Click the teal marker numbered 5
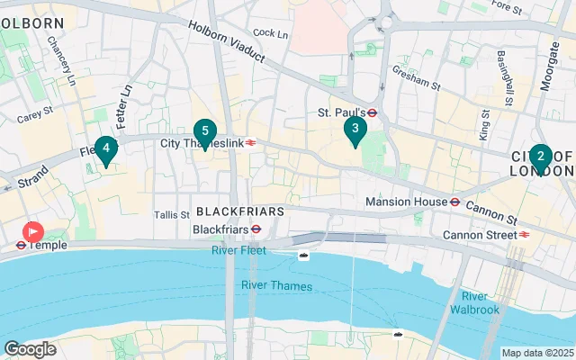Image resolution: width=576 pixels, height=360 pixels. (x=204, y=132)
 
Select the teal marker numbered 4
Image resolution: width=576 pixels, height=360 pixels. (x=106, y=148)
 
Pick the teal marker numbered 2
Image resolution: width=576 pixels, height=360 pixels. (x=540, y=157)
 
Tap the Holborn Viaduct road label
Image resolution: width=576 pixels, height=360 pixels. (x=227, y=40)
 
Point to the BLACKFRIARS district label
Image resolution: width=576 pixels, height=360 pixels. (x=239, y=211)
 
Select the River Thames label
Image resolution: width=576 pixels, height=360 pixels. (x=276, y=286)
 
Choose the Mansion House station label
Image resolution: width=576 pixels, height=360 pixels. (x=406, y=202)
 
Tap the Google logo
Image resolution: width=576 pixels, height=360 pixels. (x=30, y=348)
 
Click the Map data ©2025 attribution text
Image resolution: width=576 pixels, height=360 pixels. (x=537, y=353)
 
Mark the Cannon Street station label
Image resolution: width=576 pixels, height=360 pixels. (x=479, y=236)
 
